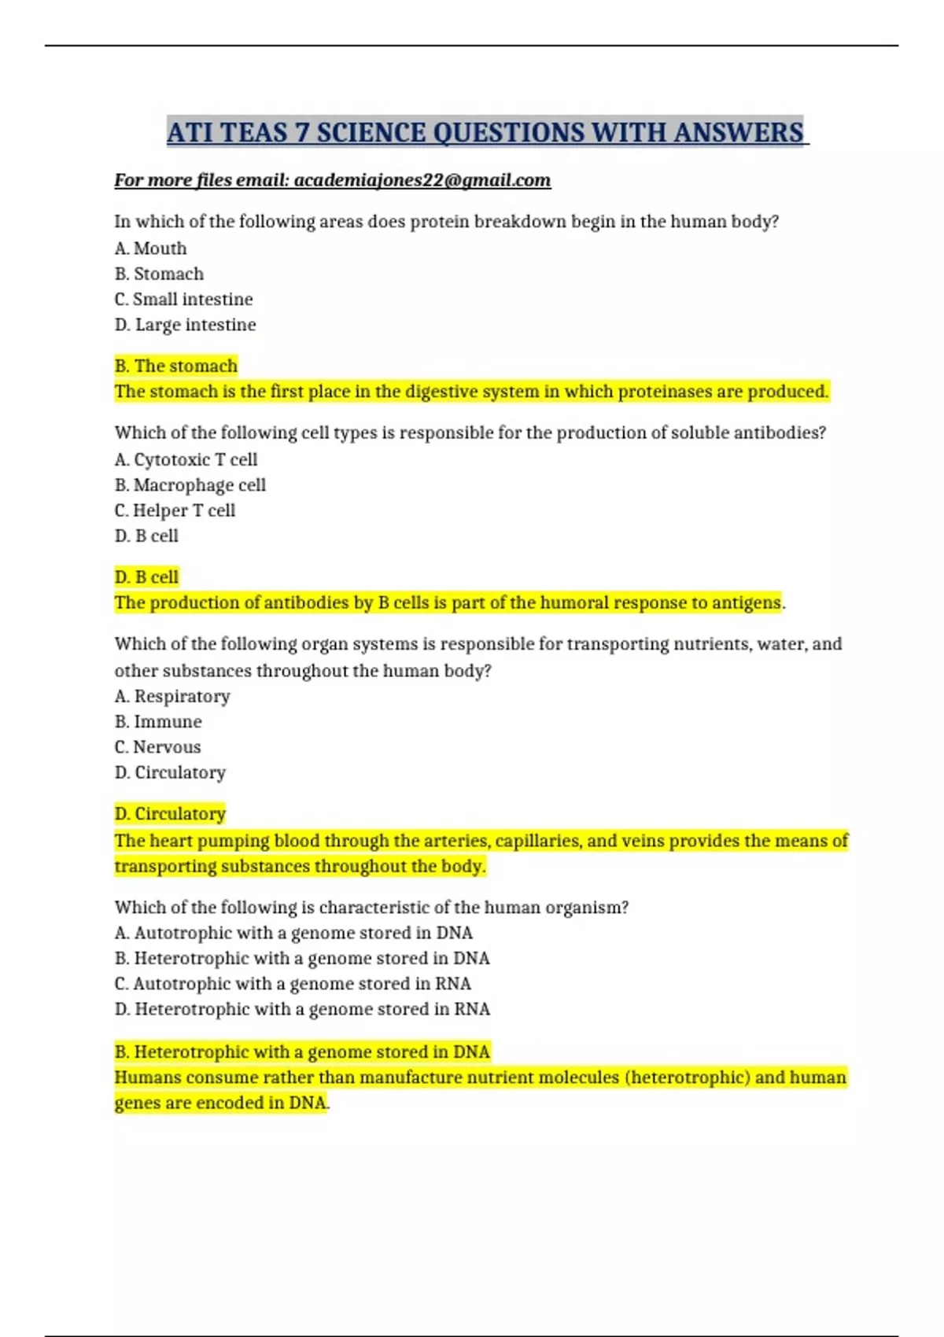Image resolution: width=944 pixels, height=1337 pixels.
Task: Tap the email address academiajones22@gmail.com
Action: pos(422,180)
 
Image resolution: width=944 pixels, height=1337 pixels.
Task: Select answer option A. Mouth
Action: pos(151,249)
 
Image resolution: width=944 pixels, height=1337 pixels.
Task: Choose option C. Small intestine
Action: pos(184,300)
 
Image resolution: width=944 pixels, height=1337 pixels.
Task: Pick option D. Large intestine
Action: pos(186,325)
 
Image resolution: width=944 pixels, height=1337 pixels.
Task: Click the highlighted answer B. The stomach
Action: pos(176,366)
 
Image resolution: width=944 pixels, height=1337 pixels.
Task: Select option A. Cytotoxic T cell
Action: pos(186,459)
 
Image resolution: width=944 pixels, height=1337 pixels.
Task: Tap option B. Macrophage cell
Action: pos(190,485)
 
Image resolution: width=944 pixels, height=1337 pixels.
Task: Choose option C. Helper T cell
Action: pos(175,510)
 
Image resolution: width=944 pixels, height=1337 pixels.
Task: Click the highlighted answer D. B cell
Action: pos(147,577)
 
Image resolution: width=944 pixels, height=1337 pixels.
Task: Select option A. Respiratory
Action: pos(172,696)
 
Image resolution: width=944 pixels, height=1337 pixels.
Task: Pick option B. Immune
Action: pos(158,722)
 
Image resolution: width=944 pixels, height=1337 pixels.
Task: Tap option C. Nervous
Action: pos(158,747)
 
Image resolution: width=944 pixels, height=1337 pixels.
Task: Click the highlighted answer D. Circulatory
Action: pos(171,814)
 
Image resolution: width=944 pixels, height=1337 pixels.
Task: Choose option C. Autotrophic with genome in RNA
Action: pos(293,984)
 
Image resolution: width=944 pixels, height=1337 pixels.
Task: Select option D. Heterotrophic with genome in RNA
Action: pos(303,1009)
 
